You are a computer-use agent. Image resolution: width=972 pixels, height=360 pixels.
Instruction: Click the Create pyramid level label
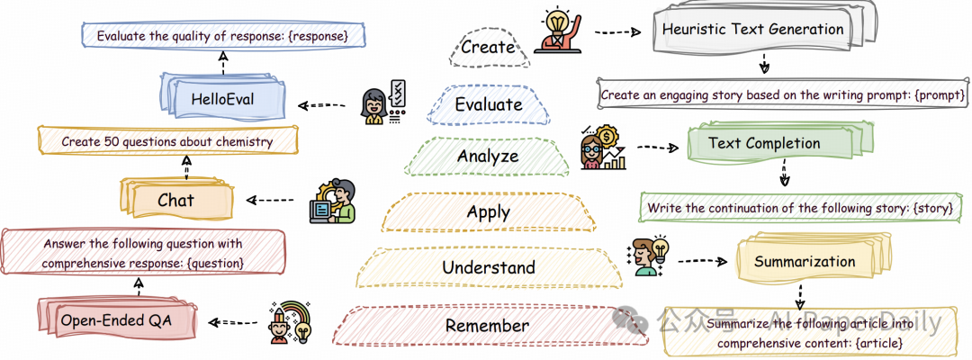click(487, 47)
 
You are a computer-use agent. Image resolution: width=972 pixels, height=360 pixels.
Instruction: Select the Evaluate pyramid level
click(489, 104)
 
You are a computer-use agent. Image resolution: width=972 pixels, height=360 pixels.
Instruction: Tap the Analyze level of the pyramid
click(487, 157)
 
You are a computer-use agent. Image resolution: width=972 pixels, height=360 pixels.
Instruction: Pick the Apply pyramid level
click(489, 212)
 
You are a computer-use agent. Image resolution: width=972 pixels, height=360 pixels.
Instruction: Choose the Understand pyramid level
click(489, 267)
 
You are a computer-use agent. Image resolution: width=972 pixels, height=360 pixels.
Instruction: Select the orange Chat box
click(175, 200)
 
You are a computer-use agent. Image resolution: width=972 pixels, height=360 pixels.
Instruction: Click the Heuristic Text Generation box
click(753, 29)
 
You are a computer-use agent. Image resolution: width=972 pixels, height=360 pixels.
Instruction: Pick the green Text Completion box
click(764, 143)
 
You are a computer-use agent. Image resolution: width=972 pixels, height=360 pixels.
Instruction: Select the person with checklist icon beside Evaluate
click(380, 103)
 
